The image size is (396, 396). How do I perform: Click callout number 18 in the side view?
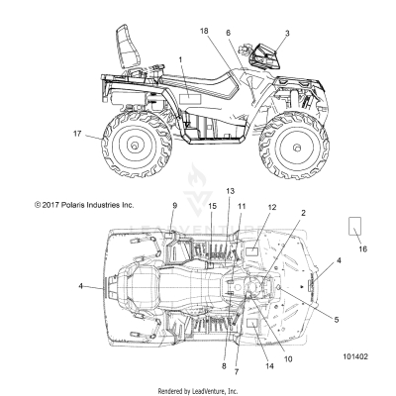tap(204, 31)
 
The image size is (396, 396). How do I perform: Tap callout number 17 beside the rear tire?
tap(77, 134)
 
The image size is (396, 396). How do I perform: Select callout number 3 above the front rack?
tap(287, 33)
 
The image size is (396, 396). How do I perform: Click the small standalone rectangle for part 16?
tap(354, 226)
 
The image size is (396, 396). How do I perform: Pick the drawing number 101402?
tap(355, 356)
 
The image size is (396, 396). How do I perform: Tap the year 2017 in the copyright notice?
tap(50, 205)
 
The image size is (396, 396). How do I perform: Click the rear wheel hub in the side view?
tap(135, 146)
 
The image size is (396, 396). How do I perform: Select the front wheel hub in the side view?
tap(296, 148)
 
